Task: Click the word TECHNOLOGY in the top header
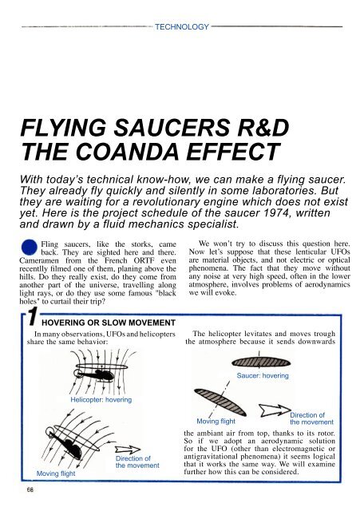click(181, 26)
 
